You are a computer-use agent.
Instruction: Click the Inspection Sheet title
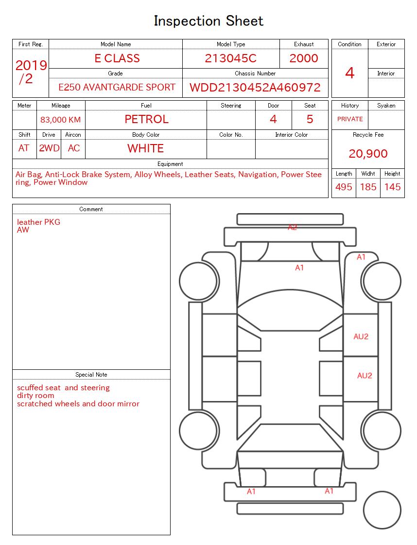(208, 21)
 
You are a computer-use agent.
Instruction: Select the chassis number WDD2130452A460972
(255, 88)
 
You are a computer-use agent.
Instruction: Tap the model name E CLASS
(117, 58)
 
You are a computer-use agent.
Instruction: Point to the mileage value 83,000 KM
(61, 120)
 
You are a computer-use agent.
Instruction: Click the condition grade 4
(349, 73)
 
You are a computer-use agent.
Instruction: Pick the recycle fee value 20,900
(368, 154)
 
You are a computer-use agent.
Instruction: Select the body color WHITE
(145, 148)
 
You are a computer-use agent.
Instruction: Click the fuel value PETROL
(146, 119)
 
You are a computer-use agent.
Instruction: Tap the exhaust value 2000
(304, 58)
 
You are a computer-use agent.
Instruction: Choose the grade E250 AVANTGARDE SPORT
(117, 88)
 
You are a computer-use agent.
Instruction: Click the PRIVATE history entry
(350, 119)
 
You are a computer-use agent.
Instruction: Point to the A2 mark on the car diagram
(292, 227)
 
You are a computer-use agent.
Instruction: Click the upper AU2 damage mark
(361, 337)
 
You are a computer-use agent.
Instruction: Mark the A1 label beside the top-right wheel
(361, 257)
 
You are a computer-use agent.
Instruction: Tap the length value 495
(344, 187)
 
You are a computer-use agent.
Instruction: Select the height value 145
(392, 187)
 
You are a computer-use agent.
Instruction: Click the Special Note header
(91, 375)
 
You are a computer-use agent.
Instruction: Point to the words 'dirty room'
(35, 396)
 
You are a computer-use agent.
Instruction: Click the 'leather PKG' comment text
(39, 222)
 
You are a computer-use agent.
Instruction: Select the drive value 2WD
(49, 148)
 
